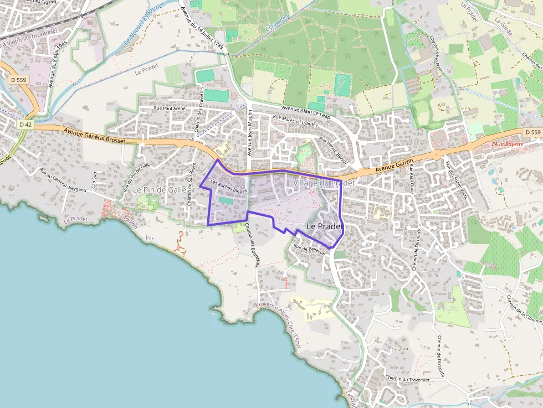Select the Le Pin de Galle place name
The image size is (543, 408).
point(160,189)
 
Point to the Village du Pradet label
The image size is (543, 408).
point(324,183)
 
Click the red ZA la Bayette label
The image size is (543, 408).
point(507,144)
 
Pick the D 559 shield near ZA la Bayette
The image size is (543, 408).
point(532,132)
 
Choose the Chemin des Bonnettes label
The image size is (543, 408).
point(252,247)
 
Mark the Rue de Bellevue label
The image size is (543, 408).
point(309,250)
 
